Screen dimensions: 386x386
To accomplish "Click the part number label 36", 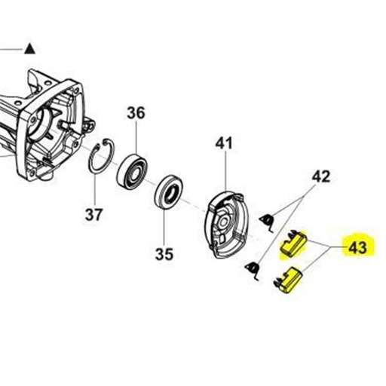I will pyautogui.click(x=136, y=113).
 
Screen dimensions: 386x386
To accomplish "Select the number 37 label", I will pyautogui.click(x=93, y=215).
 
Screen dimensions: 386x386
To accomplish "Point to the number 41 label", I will pyautogui.click(x=225, y=142).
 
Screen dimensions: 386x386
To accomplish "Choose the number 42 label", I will pyautogui.click(x=321, y=178).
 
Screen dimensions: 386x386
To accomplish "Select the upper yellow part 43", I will pyautogui.click(x=292, y=243).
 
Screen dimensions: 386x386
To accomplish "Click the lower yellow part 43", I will pyautogui.click(x=289, y=281).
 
